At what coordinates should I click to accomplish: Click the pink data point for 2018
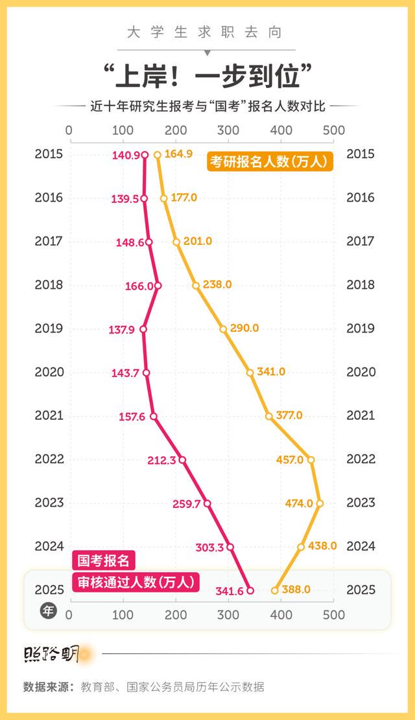click(x=158, y=285)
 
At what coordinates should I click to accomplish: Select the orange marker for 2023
click(x=320, y=503)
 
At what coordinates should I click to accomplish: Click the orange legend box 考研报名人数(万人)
click(x=270, y=161)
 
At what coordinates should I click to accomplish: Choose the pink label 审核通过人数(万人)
click(x=135, y=581)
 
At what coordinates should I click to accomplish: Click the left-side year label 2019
click(x=49, y=329)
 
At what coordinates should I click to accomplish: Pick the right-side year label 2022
click(x=361, y=459)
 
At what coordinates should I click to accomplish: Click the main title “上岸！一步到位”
click(x=207, y=76)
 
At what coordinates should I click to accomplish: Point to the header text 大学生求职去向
click(x=207, y=32)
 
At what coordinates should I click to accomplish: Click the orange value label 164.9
click(x=178, y=154)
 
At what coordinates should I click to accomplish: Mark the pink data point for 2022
click(x=182, y=460)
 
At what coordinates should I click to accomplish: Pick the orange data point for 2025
click(x=275, y=590)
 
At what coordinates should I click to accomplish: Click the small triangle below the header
click(x=207, y=52)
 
